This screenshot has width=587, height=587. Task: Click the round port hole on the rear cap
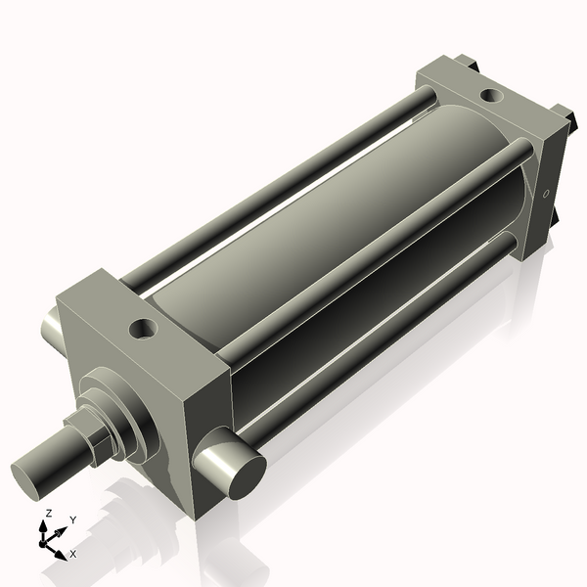pyautogui.click(x=492, y=96)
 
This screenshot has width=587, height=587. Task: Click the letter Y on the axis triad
pyautogui.click(x=73, y=520)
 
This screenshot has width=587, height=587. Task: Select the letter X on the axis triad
pyautogui.click(x=73, y=554)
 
